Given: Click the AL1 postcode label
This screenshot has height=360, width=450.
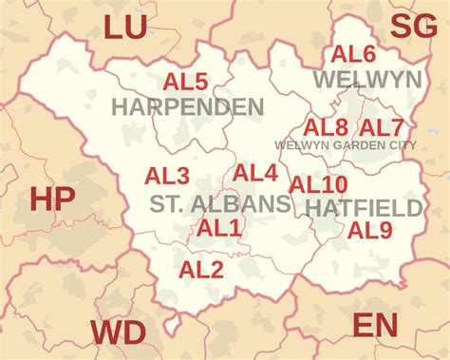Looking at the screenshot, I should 219,228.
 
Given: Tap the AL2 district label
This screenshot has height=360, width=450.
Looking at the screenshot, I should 201,271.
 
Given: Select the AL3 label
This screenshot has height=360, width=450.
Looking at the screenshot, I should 167,176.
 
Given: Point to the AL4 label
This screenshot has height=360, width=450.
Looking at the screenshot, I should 255,173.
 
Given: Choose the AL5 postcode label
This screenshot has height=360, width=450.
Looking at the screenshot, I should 185,82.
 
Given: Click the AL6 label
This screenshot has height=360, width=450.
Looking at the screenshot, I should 353,55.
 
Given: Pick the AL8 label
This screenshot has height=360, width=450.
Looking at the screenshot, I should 326,126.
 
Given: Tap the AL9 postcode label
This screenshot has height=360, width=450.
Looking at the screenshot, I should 369,230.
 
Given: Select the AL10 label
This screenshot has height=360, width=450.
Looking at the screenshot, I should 318,184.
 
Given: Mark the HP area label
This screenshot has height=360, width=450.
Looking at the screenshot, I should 52,200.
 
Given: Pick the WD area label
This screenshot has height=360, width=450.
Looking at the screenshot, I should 119,333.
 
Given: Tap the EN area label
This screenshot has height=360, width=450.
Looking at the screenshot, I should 375,326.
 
